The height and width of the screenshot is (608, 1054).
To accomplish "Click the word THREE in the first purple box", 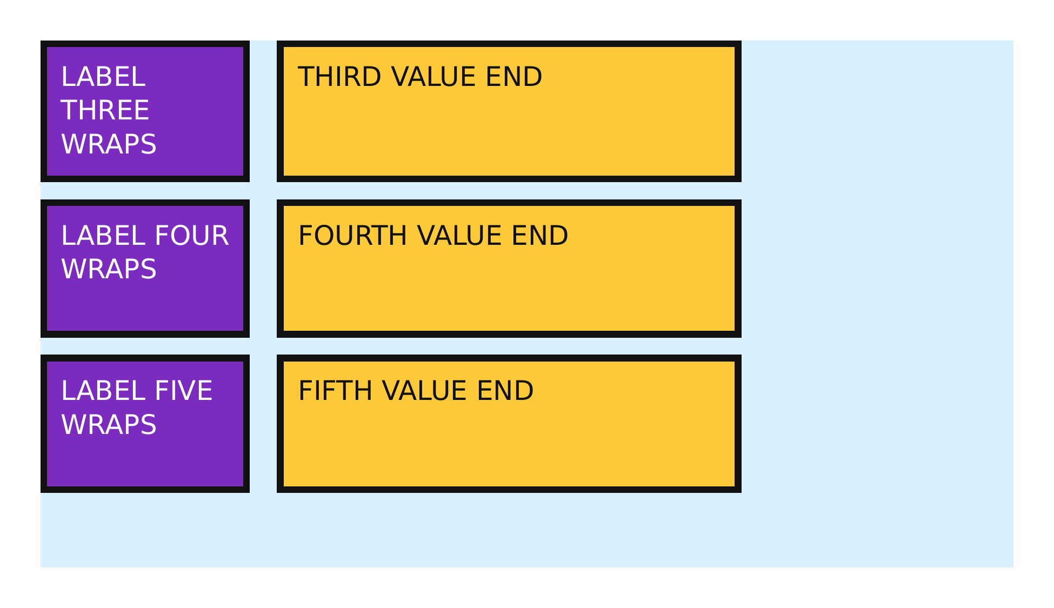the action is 105,110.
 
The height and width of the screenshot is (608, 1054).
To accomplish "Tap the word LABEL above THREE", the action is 103,77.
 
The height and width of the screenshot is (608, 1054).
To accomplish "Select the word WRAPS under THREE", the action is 109,144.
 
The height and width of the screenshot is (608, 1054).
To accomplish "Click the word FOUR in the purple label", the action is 191,236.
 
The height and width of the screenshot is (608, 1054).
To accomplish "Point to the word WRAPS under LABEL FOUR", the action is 109,269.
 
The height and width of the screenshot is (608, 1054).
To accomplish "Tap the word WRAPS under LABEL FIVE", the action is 109,425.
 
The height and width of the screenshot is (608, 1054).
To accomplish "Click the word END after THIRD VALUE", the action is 514,77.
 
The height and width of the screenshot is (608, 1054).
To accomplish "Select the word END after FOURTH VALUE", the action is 540,236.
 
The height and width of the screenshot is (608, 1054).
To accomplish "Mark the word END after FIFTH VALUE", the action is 505,391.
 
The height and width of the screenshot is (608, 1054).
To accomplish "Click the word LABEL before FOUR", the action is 103,236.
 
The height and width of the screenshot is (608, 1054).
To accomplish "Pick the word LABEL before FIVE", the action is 103,391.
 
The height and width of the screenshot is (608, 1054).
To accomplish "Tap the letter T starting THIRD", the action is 305,77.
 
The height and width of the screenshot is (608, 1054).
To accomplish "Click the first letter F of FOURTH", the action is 305,236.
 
